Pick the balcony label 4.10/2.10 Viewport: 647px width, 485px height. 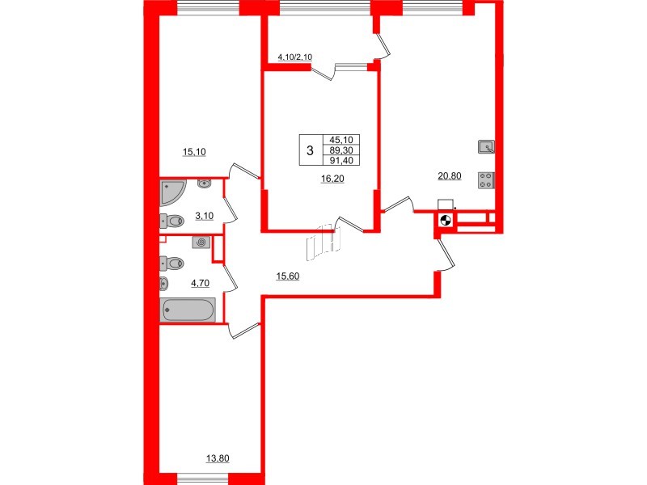click(290, 57)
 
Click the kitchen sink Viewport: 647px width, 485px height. click(486, 146)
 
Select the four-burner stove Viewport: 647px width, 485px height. click(487, 179)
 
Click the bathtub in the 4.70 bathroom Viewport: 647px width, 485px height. click(188, 310)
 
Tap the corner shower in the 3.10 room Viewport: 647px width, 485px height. click(172, 192)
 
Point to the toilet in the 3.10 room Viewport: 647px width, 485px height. click(172, 220)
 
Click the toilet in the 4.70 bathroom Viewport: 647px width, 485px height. click(172, 263)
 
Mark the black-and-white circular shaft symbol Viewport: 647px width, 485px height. click(444, 220)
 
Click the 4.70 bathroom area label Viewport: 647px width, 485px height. click(198, 283)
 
